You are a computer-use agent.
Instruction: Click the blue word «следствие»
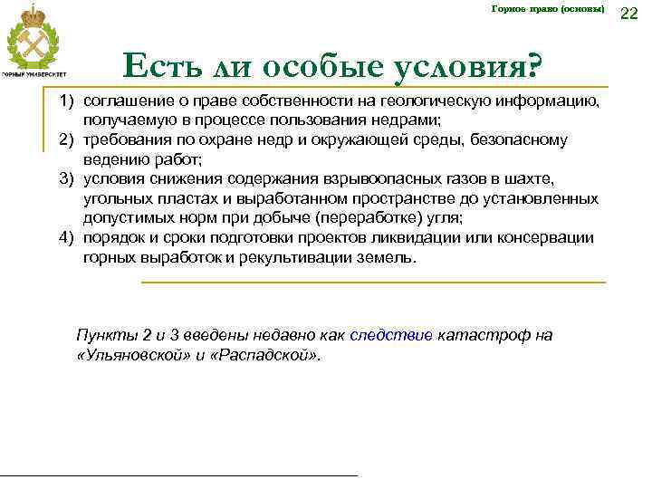click(390, 335)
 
